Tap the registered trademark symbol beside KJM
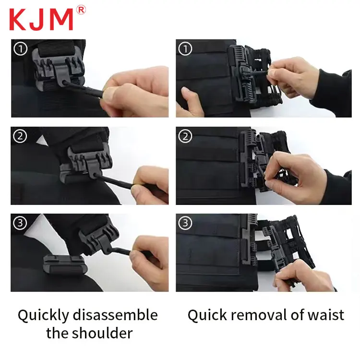(x=81, y=10)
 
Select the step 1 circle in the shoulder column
(x=20, y=48)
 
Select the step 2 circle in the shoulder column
(x=20, y=136)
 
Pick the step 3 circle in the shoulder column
(x=20, y=223)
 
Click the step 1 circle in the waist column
(x=185, y=48)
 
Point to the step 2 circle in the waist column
(x=185, y=136)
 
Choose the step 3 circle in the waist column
(x=185, y=223)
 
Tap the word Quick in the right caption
(x=207, y=315)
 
